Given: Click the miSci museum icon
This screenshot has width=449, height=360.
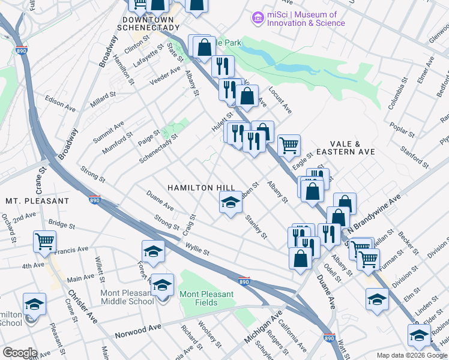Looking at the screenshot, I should (x=259, y=19).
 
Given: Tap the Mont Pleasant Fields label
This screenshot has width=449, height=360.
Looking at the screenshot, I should (x=206, y=298).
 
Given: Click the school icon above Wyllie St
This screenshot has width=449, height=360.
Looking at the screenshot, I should (x=153, y=251).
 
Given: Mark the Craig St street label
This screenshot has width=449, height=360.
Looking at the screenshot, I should (x=191, y=224).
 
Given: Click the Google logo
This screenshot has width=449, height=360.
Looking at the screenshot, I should (x=20, y=353).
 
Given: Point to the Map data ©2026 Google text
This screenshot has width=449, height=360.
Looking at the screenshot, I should (x=411, y=355).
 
